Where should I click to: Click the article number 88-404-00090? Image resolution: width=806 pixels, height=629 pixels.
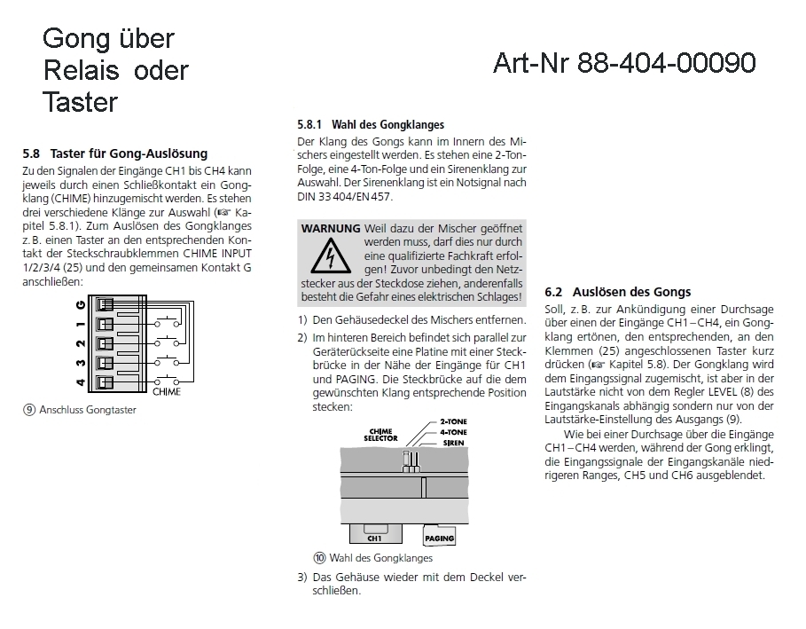pyautogui.click(x=666, y=63)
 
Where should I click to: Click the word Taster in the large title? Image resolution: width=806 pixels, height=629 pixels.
pyautogui.click(x=80, y=102)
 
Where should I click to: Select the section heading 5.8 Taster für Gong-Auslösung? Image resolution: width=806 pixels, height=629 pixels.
pyautogui.click(x=115, y=153)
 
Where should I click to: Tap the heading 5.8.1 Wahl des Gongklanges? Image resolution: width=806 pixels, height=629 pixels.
pyautogui.click(x=370, y=125)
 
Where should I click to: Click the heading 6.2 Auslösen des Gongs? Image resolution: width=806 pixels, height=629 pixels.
pyautogui.click(x=617, y=292)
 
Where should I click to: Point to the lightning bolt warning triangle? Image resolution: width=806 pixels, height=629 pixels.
pyautogui.click(x=330, y=258)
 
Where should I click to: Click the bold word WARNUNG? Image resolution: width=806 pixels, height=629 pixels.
pyautogui.click(x=330, y=228)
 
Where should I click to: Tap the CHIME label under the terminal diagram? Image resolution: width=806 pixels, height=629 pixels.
pyautogui.click(x=167, y=390)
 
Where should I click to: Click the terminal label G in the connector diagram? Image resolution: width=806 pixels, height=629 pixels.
pyautogui.click(x=82, y=303)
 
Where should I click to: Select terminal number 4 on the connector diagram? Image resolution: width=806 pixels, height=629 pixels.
pyautogui.click(x=82, y=382)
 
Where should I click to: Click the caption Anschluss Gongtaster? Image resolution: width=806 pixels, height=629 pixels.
pyautogui.click(x=85, y=410)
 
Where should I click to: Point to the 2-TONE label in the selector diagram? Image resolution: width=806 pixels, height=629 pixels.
pyautogui.click(x=455, y=424)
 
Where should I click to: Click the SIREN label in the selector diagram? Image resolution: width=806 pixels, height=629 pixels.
pyautogui.click(x=452, y=442)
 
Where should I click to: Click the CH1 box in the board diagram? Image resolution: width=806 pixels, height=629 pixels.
pyautogui.click(x=374, y=536)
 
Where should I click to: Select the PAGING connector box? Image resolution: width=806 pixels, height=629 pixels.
pyautogui.click(x=440, y=538)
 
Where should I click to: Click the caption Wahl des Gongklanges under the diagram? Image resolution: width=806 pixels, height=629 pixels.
pyautogui.click(x=380, y=558)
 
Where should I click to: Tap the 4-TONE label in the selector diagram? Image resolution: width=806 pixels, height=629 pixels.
pyautogui.click(x=455, y=433)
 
